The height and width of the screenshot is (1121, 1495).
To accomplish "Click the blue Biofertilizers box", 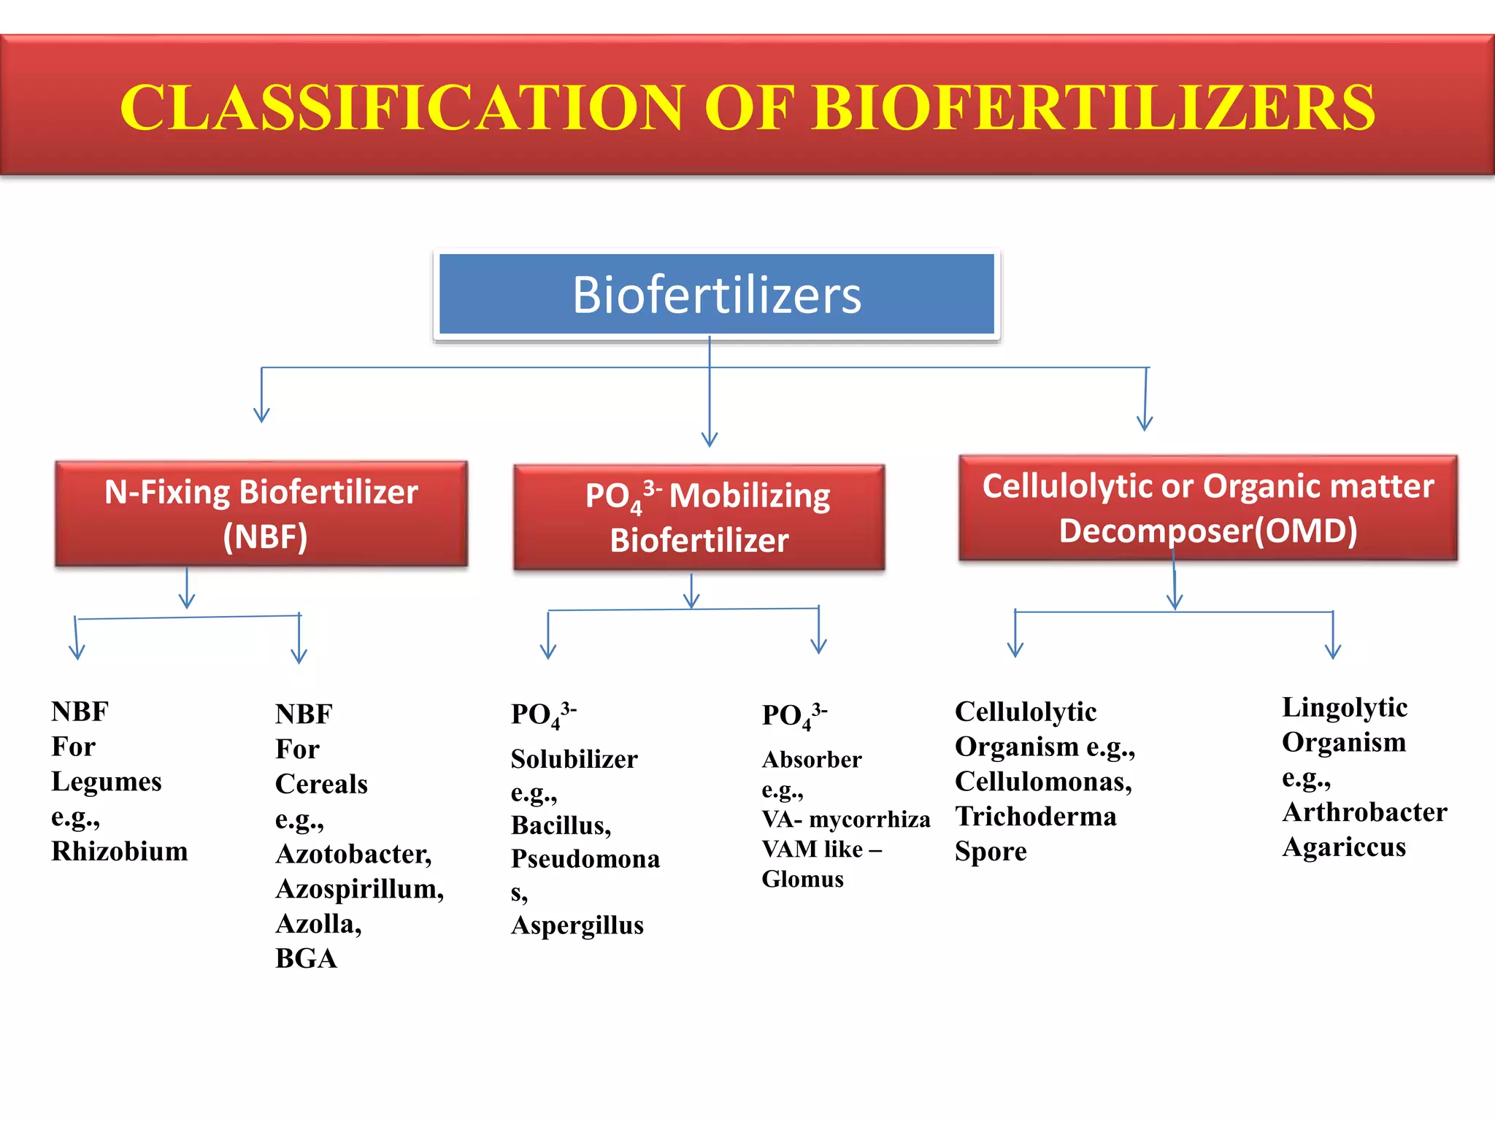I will click(716, 295).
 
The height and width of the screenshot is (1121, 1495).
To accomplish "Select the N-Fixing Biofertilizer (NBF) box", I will click(261, 514).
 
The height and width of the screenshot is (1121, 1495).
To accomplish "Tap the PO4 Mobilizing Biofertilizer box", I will click(699, 517).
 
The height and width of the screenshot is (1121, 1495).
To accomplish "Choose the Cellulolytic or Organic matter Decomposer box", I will click(1207, 509).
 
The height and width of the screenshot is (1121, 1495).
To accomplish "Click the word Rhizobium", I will click(120, 852).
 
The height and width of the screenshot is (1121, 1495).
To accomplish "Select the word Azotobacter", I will click(353, 854).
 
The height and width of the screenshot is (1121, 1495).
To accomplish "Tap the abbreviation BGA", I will click(306, 958).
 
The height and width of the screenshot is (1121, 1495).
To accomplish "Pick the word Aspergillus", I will click(577, 925).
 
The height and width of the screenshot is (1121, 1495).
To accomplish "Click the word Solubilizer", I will click(574, 759).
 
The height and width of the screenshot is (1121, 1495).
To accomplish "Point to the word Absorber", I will click(811, 760).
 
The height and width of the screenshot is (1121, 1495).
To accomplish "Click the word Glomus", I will click(802, 879).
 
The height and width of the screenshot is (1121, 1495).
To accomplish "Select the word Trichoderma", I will click(1035, 817).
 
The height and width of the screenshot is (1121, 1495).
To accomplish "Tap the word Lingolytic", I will click(1344, 707).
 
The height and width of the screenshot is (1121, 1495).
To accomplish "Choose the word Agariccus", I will click(1343, 847).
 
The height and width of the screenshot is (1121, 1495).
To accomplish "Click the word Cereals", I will click(321, 784).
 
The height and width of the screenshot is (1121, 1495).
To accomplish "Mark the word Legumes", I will click(107, 782).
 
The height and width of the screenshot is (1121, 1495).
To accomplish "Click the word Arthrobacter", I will click(1364, 812).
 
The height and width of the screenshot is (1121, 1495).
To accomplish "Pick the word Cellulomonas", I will click(1043, 782).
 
